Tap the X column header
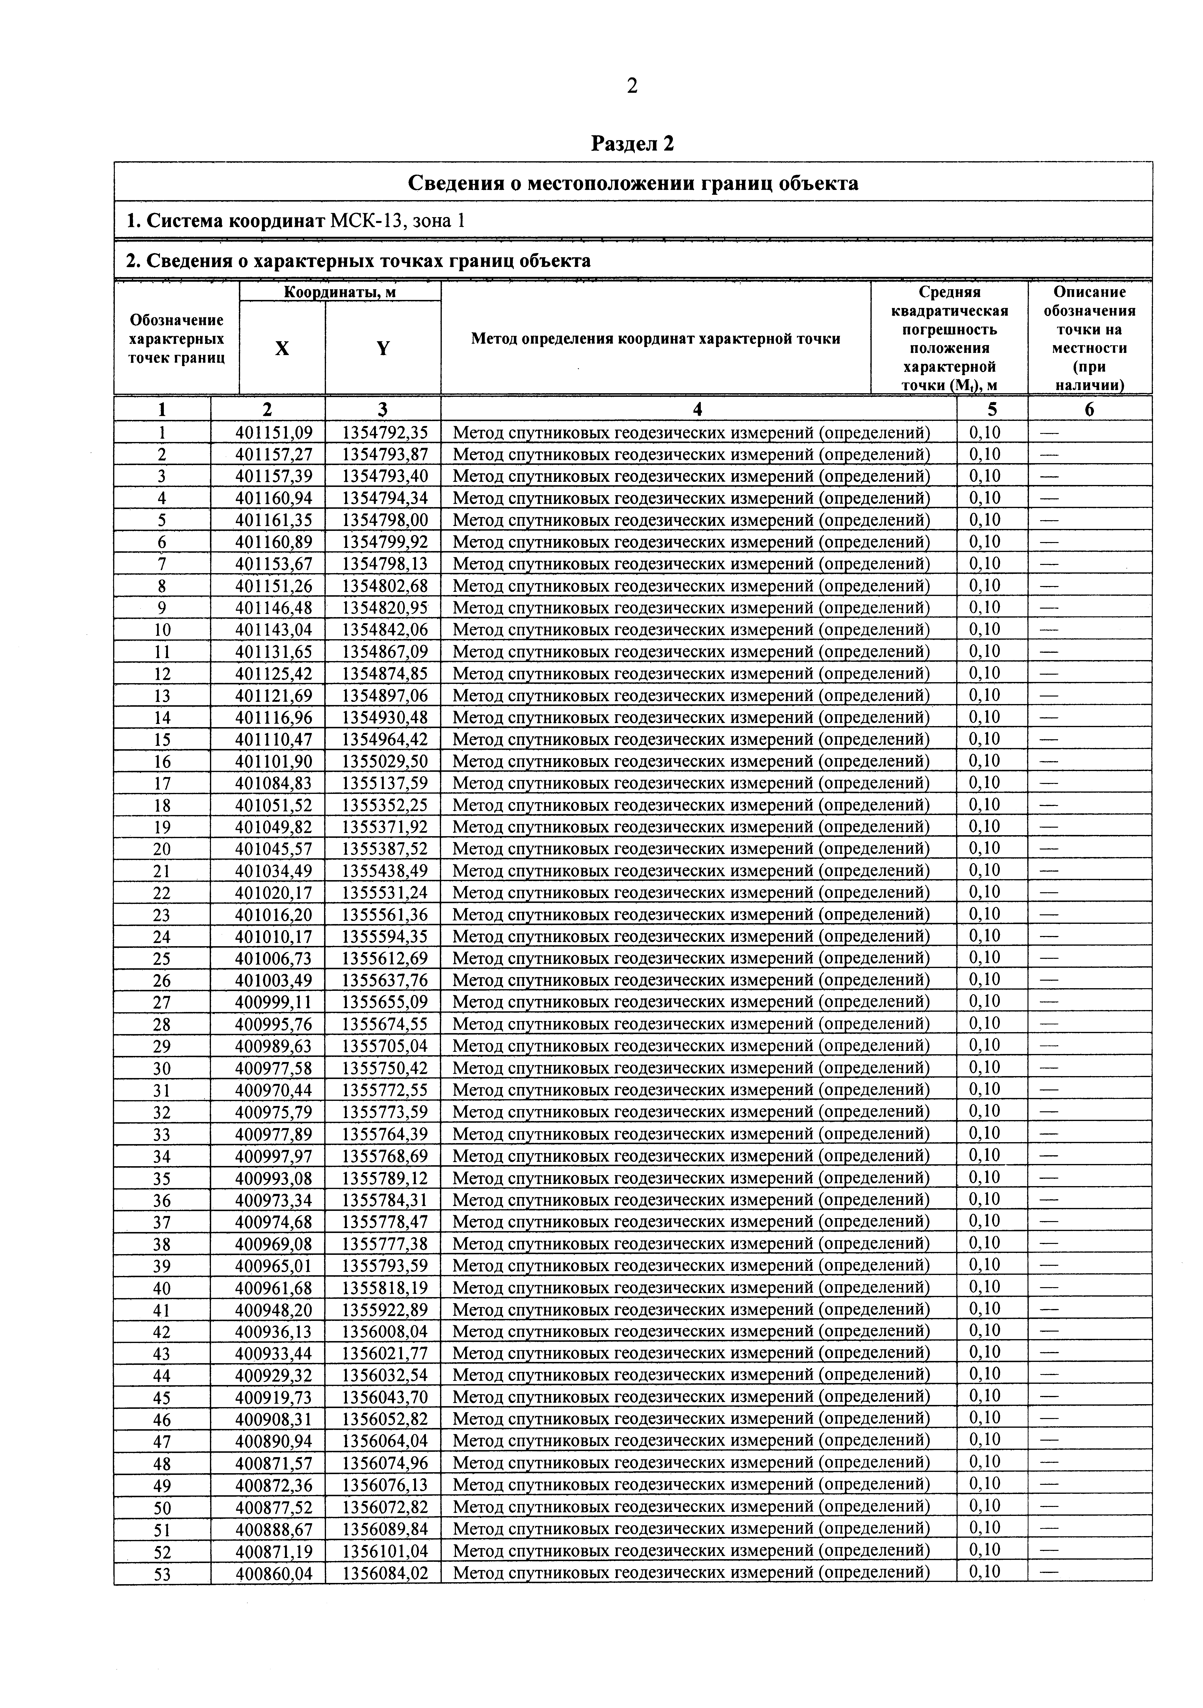[x=282, y=348]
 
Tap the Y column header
[x=383, y=348]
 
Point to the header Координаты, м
[x=340, y=292]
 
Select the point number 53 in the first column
[x=162, y=1573]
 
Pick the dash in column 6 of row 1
[x=1048, y=432]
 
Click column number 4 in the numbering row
[x=697, y=409]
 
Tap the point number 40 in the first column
[x=162, y=1288]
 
